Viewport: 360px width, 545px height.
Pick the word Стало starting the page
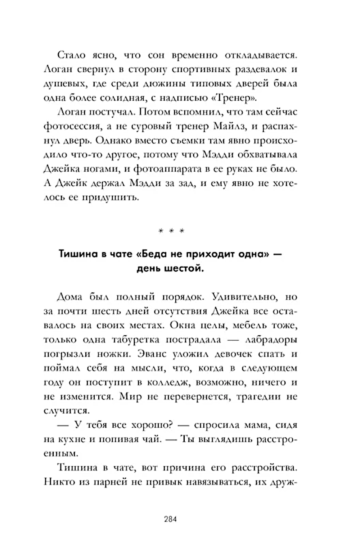(71, 55)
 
